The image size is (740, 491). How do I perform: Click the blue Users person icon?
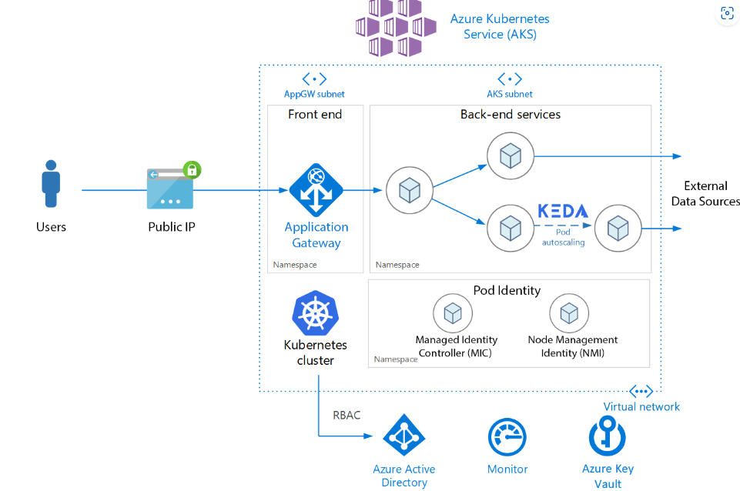click(x=52, y=183)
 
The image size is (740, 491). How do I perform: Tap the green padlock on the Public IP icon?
click(x=191, y=169)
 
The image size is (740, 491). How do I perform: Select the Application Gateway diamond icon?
click(x=316, y=190)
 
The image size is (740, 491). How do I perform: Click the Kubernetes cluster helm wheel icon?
click(x=316, y=313)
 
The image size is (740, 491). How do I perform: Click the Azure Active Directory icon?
click(x=404, y=436)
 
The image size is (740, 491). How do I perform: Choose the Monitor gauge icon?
click(x=507, y=437)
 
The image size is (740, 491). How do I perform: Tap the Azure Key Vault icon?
click(x=608, y=436)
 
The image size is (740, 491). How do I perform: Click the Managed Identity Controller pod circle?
click(x=453, y=313)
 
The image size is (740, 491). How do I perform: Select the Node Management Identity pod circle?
click(x=569, y=313)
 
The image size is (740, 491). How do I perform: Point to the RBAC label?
click(x=347, y=416)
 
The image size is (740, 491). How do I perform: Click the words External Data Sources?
click(x=705, y=193)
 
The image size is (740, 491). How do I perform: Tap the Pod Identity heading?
click(x=507, y=290)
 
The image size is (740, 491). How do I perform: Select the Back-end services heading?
click(x=510, y=114)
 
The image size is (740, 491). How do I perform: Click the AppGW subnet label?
click(x=314, y=94)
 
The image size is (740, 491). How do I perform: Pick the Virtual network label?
click(x=641, y=406)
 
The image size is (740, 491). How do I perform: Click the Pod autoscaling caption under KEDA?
click(x=563, y=236)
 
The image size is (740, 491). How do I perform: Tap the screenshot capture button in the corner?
click(x=727, y=13)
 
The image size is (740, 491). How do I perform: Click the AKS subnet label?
click(x=510, y=94)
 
